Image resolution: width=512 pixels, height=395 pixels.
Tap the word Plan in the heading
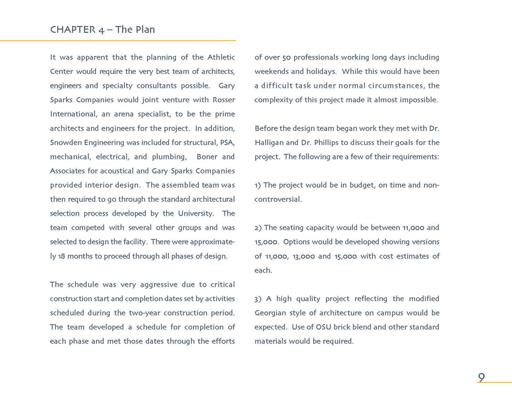[145, 30]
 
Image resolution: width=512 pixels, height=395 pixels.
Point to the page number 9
[481, 377]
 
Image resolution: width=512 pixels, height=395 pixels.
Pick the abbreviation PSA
[227, 143]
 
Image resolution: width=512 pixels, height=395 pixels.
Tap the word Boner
[207, 157]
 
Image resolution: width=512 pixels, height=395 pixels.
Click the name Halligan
[269, 143]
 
